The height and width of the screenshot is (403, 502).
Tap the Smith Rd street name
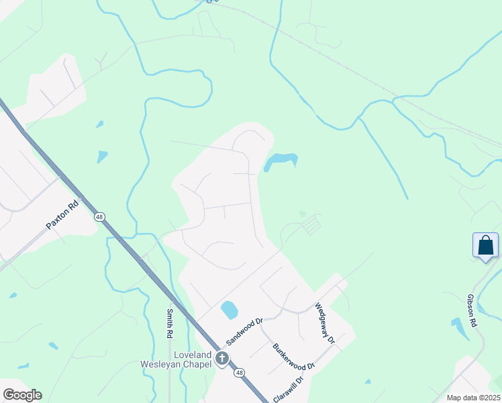pos(169,323)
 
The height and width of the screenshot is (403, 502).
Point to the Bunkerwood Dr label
pos(293,357)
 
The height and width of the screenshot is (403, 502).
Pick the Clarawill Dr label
pos(288,389)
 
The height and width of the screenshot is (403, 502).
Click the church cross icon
pos(221,360)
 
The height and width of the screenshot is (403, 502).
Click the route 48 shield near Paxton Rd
pos(99,217)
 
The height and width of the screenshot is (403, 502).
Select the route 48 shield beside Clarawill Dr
pos(239,373)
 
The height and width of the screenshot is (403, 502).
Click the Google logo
pos(21,395)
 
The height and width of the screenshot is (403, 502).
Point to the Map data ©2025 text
pos(472,398)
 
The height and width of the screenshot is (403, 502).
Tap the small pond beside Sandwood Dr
pos(230,310)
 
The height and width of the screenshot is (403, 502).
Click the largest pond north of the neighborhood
pos(281,161)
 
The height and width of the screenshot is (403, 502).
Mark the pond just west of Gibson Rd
pos(460,328)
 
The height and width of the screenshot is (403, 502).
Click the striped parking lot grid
pos(311,225)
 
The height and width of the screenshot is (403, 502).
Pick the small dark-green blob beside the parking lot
pos(303,214)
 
